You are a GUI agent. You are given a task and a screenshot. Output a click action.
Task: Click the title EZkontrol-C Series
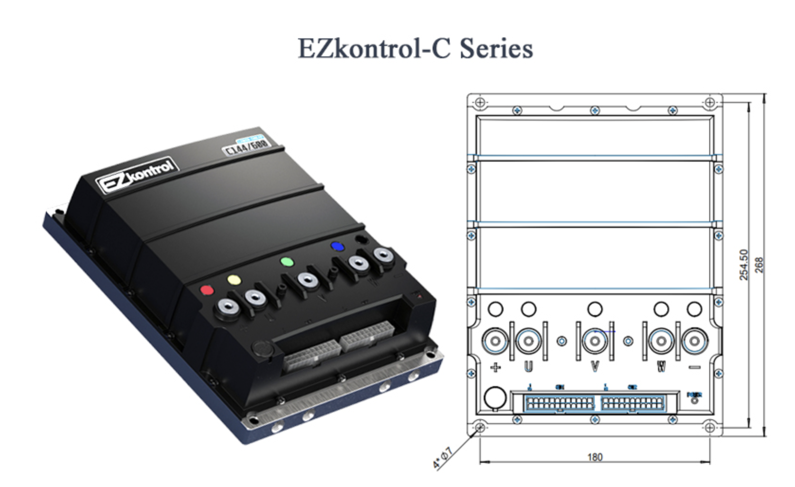point(415,48)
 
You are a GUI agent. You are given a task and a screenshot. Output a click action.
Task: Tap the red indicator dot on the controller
point(207,289)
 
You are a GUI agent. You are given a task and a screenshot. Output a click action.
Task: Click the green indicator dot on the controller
point(287,262)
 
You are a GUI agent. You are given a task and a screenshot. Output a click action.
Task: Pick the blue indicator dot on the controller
point(337,246)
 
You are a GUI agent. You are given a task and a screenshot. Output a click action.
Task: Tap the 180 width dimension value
point(595,457)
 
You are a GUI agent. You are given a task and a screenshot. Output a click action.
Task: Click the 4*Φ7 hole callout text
point(443,458)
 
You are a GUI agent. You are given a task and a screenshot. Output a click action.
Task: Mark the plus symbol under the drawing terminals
point(496,367)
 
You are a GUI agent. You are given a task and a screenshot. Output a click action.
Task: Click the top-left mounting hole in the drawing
point(480,102)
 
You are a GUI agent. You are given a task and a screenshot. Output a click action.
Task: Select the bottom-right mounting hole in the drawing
point(709,428)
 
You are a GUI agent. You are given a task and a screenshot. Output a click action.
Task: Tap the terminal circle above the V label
point(595,341)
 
